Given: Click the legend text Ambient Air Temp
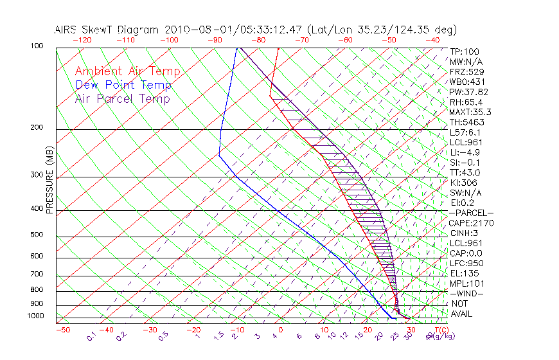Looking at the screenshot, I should pyautogui.click(x=127, y=71).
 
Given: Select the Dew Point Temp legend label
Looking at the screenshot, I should pyautogui.click(x=123, y=85).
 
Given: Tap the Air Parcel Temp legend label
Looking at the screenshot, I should pyautogui.click(x=123, y=98).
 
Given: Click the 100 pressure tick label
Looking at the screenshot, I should pyautogui.click(x=36, y=46).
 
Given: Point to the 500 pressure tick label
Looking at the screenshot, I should pyautogui.click(x=36, y=235).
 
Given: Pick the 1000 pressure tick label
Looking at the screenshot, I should pyautogui.click(x=35, y=316).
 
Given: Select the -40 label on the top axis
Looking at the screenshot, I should pyautogui.click(x=432, y=40).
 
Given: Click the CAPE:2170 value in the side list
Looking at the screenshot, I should pyautogui.click(x=471, y=223).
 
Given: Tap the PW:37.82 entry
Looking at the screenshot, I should pyautogui.click(x=468, y=92).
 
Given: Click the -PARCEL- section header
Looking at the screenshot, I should pyautogui.click(x=471, y=213).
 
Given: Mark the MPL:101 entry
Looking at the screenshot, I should pyautogui.click(x=466, y=283).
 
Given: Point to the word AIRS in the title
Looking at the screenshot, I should pyautogui.click(x=67, y=30).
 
